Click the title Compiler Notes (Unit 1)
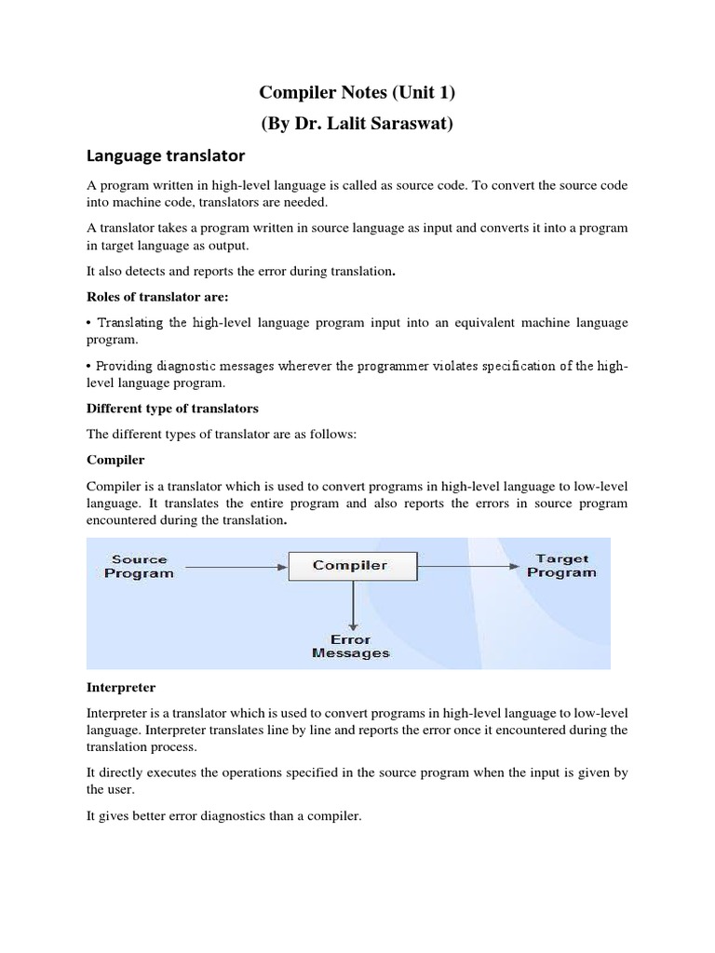point(357,93)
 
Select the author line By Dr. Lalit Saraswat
point(357,124)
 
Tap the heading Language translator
point(165,154)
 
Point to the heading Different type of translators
point(172,408)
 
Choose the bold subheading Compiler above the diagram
point(115,460)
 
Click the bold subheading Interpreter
point(121,687)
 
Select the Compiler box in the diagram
point(350,566)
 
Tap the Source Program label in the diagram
point(139,566)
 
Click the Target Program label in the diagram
point(561,566)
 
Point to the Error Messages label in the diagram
point(350,646)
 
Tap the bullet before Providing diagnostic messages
point(89,366)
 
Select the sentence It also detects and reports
point(241,271)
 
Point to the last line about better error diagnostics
point(223,816)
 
